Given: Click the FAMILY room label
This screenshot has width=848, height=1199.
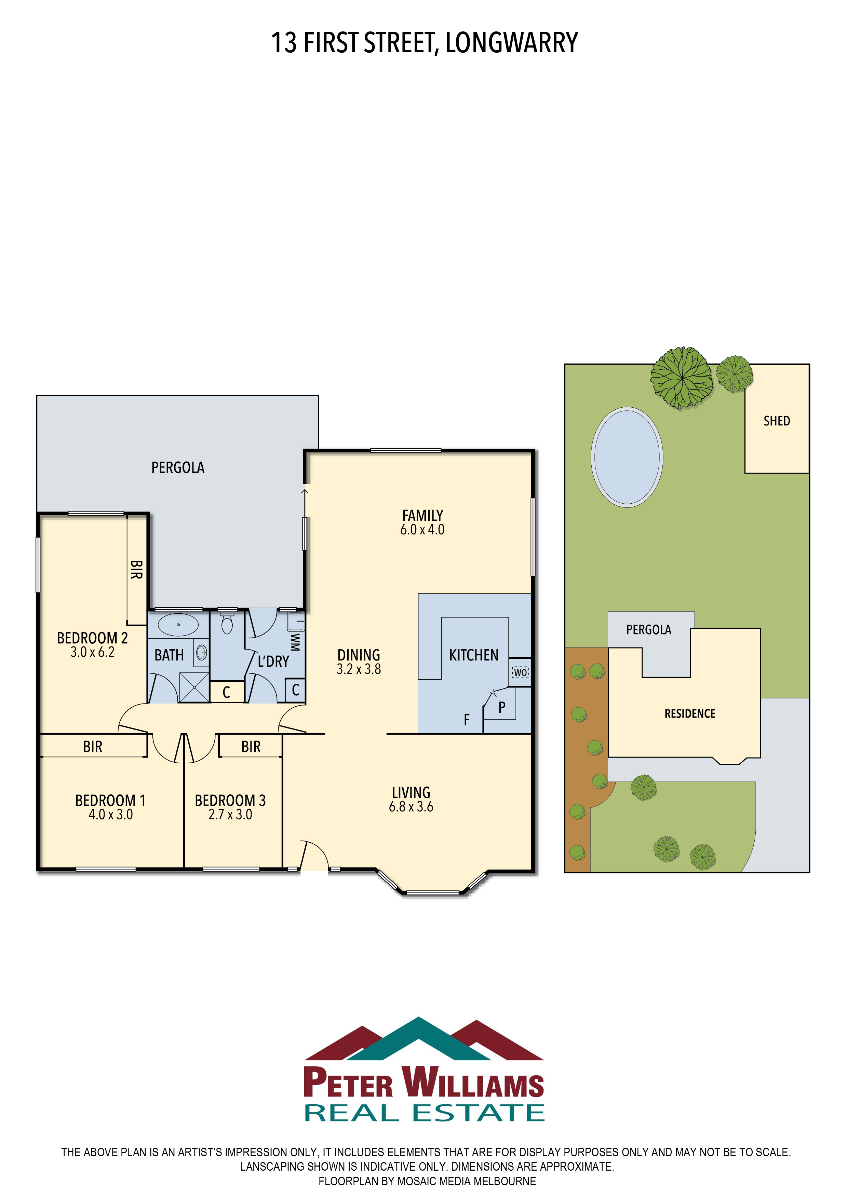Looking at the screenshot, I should (x=422, y=515).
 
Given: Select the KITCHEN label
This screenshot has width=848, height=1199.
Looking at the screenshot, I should (x=473, y=655).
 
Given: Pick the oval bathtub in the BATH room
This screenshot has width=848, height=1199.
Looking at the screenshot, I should (x=178, y=625).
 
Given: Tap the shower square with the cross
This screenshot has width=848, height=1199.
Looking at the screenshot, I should (x=194, y=687).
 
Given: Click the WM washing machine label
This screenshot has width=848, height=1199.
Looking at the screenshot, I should (x=295, y=642).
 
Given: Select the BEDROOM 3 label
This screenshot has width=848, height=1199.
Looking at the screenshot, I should (x=230, y=801).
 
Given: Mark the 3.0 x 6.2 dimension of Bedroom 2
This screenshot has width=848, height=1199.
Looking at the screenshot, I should (x=93, y=652).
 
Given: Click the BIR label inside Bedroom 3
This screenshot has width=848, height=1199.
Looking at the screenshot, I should (x=251, y=747).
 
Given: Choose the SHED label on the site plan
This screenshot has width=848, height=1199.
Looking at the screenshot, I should (x=777, y=421).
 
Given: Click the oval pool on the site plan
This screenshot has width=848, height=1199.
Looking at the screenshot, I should (x=627, y=457).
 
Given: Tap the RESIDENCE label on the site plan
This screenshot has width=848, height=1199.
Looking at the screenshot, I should (x=690, y=713).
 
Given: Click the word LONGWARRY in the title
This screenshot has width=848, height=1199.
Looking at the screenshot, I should (x=512, y=43).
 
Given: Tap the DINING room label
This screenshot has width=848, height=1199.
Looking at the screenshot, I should (x=359, y=655).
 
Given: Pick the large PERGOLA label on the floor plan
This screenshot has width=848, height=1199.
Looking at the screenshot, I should (x=178, y=467).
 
